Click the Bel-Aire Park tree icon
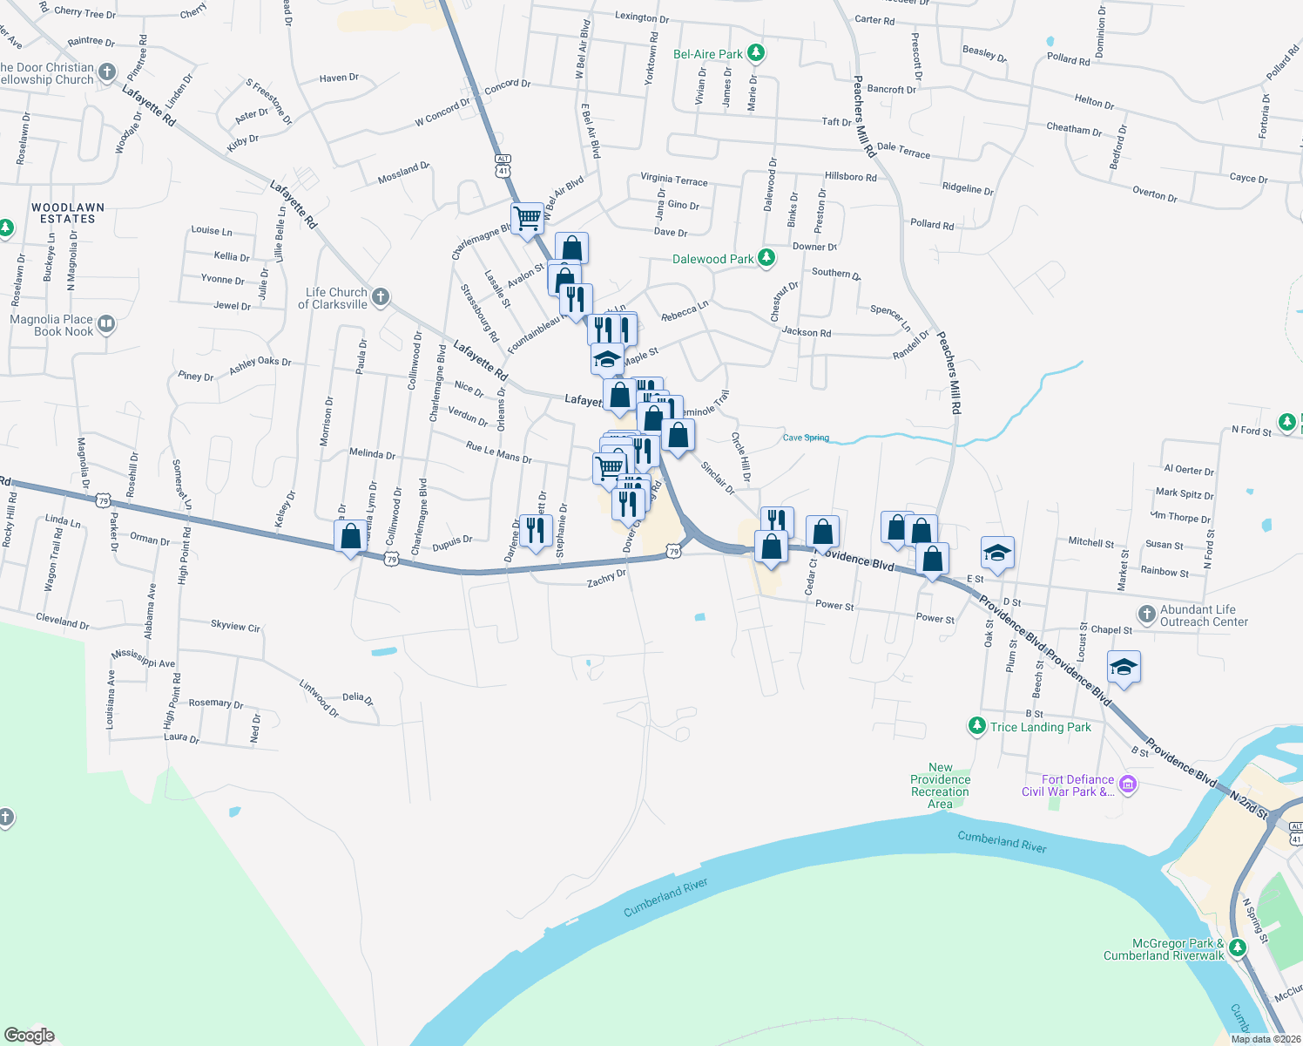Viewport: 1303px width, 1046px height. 756,54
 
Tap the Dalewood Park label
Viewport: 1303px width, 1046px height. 712,259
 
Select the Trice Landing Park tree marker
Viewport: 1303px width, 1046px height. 977,726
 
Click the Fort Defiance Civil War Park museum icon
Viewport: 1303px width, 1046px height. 1128,784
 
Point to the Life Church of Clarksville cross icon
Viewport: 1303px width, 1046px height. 381,298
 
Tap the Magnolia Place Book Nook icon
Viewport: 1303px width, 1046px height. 106,325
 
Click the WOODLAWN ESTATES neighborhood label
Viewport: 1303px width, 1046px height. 68,214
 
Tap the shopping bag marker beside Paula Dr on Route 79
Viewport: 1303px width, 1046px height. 351,537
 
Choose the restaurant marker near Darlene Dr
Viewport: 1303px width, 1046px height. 536,528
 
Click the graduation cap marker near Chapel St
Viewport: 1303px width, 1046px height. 1124,668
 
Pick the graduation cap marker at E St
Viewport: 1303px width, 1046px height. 997,553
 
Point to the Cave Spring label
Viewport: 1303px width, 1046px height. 806,438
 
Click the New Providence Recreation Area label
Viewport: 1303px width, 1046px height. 940,785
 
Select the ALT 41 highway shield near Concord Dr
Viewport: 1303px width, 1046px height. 503,166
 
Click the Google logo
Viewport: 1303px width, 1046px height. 30,1036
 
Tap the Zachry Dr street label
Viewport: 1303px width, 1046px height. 606,578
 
